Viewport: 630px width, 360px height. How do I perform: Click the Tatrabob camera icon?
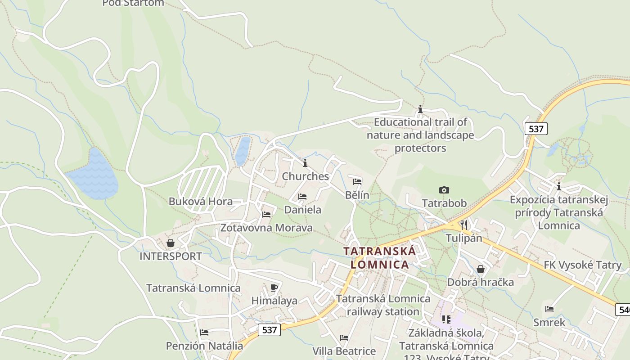point(444,190)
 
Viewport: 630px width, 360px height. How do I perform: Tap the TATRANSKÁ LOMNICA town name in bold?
point(380,257)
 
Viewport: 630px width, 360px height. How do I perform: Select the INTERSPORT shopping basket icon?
point(171,243)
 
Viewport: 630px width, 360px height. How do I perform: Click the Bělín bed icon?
point(357,182)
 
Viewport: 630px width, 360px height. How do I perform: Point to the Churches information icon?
point(305,163)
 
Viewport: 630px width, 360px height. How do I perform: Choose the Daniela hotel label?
point(303,210)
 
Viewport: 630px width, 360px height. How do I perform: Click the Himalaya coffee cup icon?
point(274,288)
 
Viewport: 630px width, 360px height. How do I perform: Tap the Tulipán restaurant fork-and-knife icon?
point(464,225)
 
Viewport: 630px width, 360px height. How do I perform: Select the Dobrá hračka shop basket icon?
point(481,270)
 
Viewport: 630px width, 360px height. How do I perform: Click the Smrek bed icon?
point(549,309)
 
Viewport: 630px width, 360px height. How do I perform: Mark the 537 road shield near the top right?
point(536,129)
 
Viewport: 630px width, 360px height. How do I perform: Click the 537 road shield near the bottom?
point(270,330)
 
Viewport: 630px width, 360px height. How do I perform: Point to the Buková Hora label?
point(201,201)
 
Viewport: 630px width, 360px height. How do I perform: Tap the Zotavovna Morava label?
point(266,228)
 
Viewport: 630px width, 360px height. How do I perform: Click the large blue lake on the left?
point(94,176)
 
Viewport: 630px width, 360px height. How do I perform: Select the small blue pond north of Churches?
point(243,151)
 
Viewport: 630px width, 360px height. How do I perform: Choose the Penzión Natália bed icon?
point(204,333)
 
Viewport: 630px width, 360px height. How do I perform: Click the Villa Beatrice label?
point(344,351)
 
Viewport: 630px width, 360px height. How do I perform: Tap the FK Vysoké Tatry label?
point(582,265)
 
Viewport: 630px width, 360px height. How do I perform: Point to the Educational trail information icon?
point(420,109)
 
